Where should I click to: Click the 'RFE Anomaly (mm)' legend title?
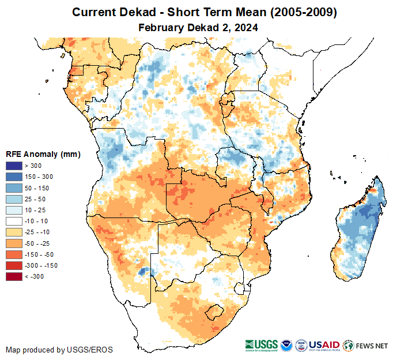[x=43, y=154]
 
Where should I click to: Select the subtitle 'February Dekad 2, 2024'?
[x=198, y=27]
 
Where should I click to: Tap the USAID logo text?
[x=324, y=345]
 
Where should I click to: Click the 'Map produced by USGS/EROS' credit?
[x=59, y=350]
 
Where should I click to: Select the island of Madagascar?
[x=358, y=231]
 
